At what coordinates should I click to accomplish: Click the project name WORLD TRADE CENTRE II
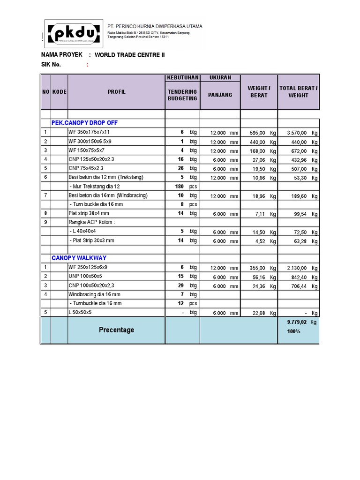pyautogui.click(x=130, y=55)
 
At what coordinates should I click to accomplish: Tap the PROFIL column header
pyautogui.click(x=116, y=92)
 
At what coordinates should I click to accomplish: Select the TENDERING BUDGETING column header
pyautogui.click(x=182, y=95)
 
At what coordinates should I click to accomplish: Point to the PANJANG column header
pyautogui.click(x=220, y=95)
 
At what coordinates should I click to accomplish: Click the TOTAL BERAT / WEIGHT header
pyautogui.click(x=299, y=92)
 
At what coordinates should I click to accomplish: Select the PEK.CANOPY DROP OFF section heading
pyautogui.click(x=84, y=123)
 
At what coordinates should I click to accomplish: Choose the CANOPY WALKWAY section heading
pyautogui.click(x=79, y=258)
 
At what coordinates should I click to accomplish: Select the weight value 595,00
pyautogui.click(x=257, y=133)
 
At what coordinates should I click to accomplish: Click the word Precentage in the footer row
pyautogui.click(x=116, y=330)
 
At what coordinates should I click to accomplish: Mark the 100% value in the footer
pyautogui.click(x=293, y=332)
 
